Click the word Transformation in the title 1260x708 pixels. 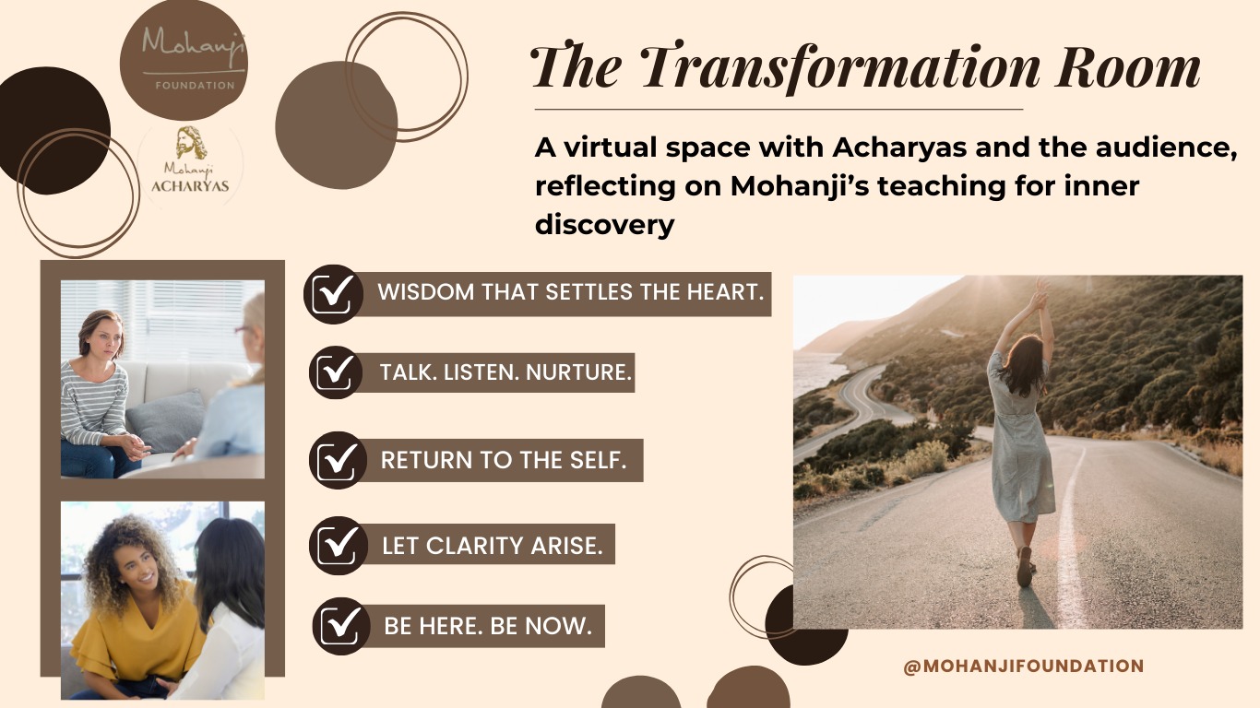[839, 67]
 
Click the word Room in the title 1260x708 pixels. [1127, 67]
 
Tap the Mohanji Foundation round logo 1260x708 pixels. [184, 60]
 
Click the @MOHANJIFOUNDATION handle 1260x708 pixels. [1024, 666]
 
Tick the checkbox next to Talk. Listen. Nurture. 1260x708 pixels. [335, 372]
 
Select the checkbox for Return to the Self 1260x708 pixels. [338, 460]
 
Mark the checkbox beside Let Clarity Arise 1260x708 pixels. [338, 546]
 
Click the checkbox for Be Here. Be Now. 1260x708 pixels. [341, 626]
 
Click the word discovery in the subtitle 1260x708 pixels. [605, 225]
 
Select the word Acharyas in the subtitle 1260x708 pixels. [899, 147]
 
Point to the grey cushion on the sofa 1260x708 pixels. [165, 420]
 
